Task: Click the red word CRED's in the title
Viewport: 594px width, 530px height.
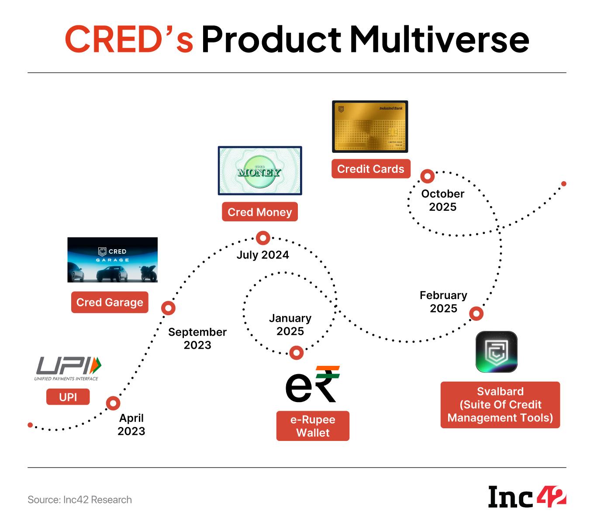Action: (x=129, y=39)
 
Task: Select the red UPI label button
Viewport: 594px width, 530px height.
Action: (x=68, y=397)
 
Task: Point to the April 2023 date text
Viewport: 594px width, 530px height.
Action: (x=131, y=424)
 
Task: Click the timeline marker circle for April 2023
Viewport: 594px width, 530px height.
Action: (x=113, y=403)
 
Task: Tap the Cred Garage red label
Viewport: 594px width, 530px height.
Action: (x=110, y=303)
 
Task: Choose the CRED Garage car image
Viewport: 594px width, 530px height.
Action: (x=112, y=260)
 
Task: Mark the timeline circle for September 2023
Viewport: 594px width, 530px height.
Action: (x=168, y=308)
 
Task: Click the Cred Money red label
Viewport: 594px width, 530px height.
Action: (x=259, y=212)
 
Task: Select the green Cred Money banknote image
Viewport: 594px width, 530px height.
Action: (x=260, y=171)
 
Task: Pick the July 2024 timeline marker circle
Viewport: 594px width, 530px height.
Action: (x=263, y=238)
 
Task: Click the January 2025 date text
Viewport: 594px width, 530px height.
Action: (x=290, y=325)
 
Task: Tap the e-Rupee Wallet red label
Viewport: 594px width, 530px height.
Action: (x=313, y=426)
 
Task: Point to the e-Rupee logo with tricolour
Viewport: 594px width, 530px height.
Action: (x=313, y=384)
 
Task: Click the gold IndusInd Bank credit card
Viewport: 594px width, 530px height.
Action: (x=370, y=127)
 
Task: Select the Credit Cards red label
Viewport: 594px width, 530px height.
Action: (x=371, y=169)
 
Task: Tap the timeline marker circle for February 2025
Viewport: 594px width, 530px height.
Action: (x=476, y=313)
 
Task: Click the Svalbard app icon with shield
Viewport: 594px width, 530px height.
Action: (x=496, y=352)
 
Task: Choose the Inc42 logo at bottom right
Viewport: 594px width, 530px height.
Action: (x=527, y=497)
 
